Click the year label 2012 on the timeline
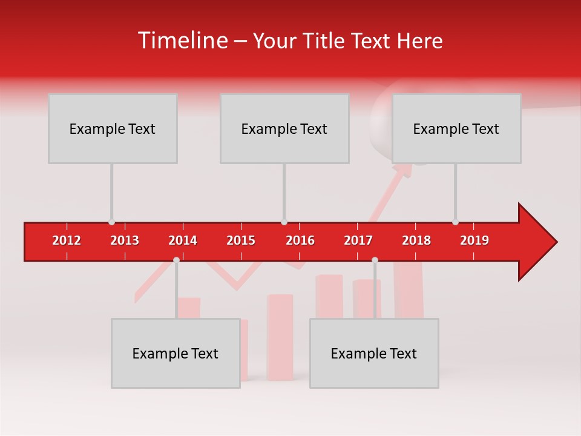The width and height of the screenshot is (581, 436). [x=67, y=240]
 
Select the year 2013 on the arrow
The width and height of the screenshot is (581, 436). [x=125, y=240]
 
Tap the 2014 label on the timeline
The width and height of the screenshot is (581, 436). [x=183, y=240]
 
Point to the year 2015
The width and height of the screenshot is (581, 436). [x=241, y=240]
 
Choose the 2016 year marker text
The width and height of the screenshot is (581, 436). [x=300, y=240]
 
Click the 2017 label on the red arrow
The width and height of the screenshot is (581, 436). [x=358, y=240]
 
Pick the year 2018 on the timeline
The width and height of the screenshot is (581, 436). [x=416, y=240]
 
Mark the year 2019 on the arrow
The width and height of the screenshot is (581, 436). [x=474, y=240]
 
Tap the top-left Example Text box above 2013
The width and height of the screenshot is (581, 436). [x=113, y=128]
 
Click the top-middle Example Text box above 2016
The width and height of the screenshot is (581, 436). [x=284, y=128]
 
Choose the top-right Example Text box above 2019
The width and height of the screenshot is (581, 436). [x=456, y=128]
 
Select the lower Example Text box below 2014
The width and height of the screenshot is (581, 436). [x=176, y=353]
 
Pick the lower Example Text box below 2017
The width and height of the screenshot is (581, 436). [x=374, y=353]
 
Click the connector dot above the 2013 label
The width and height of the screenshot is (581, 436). [x=111, y=222]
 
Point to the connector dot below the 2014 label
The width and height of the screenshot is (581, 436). [x=176, y=260]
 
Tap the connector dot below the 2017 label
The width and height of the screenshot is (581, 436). [x=375, y=260]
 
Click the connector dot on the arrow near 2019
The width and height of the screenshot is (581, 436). [x=455, y=222]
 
